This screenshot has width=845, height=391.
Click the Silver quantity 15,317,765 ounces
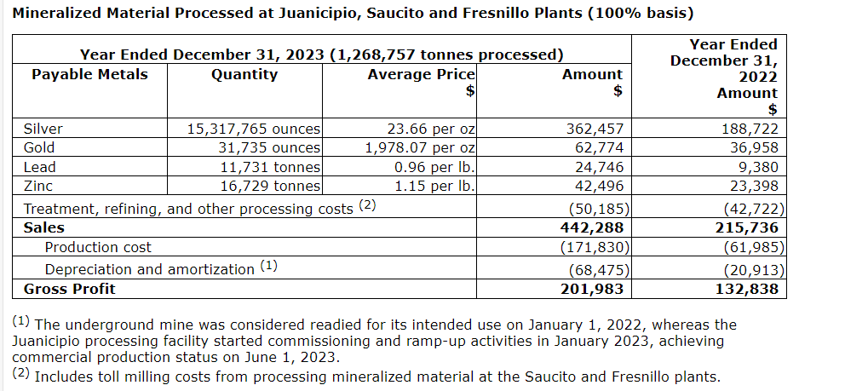coord(254,129)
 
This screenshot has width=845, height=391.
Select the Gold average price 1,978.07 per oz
coord(420,148)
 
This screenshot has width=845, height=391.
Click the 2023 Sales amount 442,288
coord(594,227)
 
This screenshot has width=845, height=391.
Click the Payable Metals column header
coord(89,74)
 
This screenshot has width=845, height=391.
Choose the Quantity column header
coord(244,74)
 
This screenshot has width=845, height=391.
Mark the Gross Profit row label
coord(69,289)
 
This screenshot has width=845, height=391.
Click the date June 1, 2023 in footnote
coord(292,358)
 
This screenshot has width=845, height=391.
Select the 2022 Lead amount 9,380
coord(756,167)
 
